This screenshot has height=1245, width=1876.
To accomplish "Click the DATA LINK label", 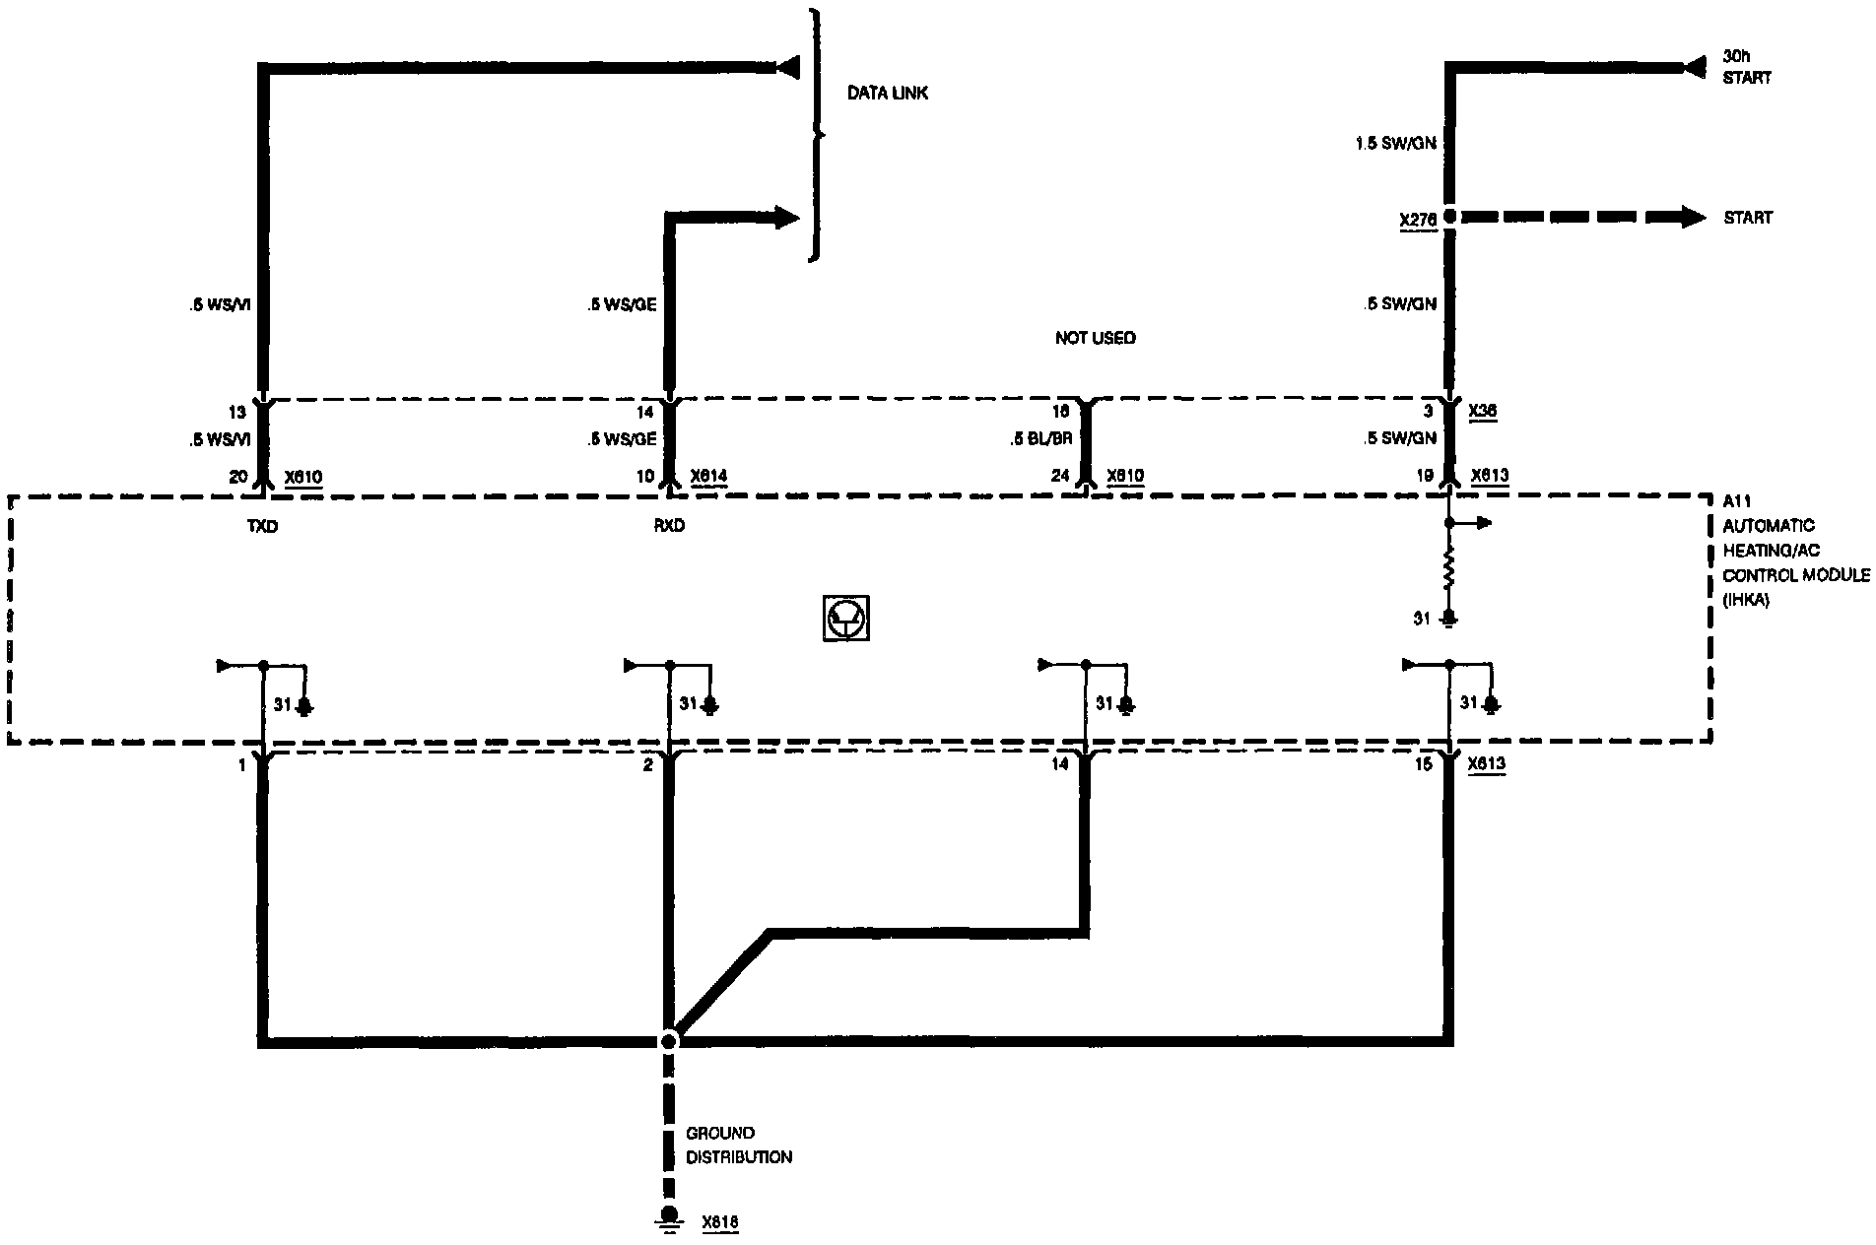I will pyautogui.click(x=887, y=94).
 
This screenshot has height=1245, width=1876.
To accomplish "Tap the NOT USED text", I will pyautogui.click(x=1095, y=338).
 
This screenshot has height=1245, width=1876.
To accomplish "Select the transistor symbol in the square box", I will pyautogui.click(x=845, y=619).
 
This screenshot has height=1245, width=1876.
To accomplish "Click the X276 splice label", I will pyautogui.click(x=1417, y=220).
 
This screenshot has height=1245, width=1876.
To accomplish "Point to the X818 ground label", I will pyautogui.click(x=719, y=1222).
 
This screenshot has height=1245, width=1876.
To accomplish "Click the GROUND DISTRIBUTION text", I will pyautogui.click(x=739, y=1145).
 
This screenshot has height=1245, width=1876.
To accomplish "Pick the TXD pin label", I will pyautogui.click(x=262, y=527).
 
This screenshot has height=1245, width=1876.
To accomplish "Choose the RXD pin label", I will pyautogui.click(x=668, y=526).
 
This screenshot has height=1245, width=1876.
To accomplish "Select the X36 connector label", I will pyautogui.click(x=1482, y=411).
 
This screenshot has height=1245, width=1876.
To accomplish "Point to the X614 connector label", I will pyautogui.click(x=709, y=477).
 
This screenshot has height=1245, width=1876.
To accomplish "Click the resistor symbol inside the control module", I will pyautogui.click(x=1448, y=570).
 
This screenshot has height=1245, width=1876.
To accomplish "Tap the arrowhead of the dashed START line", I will pyautogui.click(x=1694, y=217).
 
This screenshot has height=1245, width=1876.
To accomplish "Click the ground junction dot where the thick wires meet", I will pyautogui.click(x=669, y=1040).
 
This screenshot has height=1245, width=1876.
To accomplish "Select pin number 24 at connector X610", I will pyautogui.click(x=1059, y=476).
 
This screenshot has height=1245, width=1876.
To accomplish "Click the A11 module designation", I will pyautogui.click(x=1736, y=501).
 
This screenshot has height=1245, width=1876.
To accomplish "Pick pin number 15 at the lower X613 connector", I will pyautogui.click(x=1423, y=763).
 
